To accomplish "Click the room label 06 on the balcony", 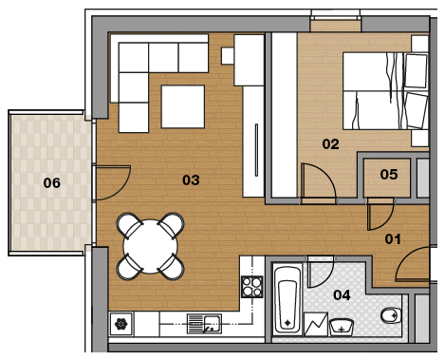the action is (x=52, y=183).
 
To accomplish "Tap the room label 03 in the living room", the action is (x=191, y=180).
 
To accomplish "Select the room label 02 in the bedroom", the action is (x=330, y=144).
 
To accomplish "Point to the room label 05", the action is (x=389, y=175).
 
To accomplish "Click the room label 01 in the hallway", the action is (x=393, y=239).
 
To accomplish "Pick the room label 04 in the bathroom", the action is (x=342, y=295).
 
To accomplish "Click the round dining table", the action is (x=151, y=246).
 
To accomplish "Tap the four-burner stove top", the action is (x=252, y=287).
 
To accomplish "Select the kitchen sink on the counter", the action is (x=204, y=324).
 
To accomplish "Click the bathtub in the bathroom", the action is (x=287, y=300).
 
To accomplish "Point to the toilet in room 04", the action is (x=391, y=315).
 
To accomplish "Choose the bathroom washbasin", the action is (x=342, y=327).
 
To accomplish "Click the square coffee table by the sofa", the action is (x=183, y=106).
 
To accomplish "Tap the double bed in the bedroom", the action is (x=385, y=91).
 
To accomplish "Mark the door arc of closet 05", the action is (x=387, y=221).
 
